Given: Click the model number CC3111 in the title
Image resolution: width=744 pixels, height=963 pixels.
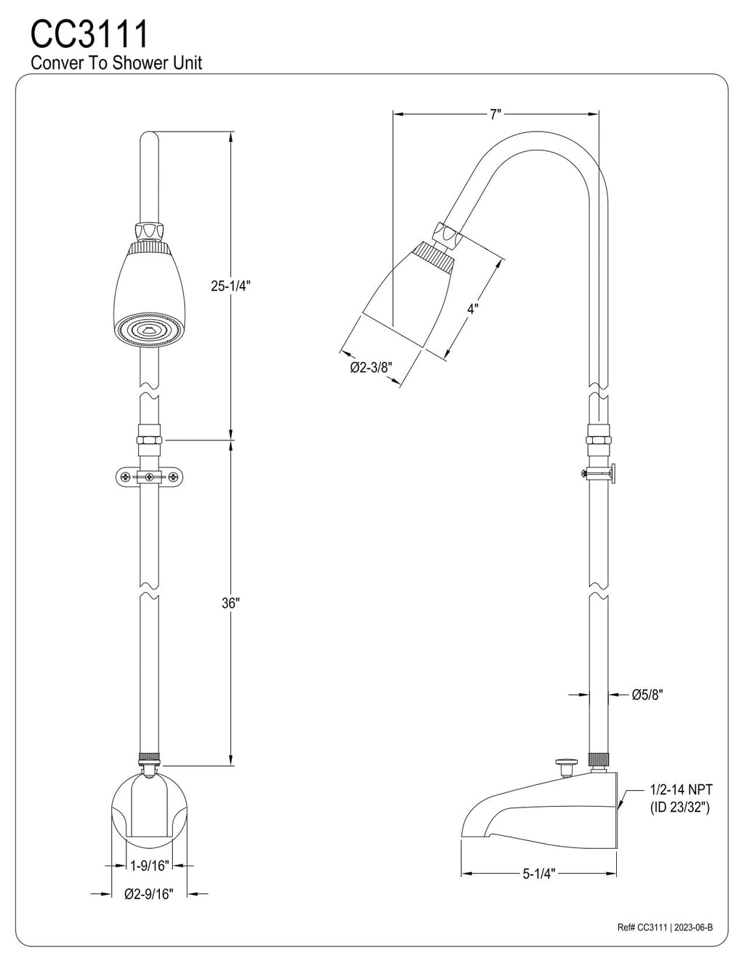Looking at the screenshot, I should pyautogui.click(x=89, y=34).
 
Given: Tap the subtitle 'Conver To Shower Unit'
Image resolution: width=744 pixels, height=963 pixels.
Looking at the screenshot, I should pyautogui.click(x=116, y=63).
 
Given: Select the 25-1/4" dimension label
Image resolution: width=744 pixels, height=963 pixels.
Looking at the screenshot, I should pyautogui.click(x=231, y=286).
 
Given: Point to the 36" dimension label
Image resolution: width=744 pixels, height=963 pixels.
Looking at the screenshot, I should pyautogui.click(x=230, y=603).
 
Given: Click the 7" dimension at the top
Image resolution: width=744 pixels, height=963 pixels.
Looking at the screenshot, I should pyautogui.click(x=496, y=114).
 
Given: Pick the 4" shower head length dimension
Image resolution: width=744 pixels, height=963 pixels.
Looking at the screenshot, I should pyautogui.click(x=472, y=308).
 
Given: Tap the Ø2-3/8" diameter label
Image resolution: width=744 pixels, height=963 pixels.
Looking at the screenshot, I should pyautogui.click(x=371, y=368).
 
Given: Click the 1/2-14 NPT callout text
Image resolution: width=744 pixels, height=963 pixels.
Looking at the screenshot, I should pyautogui.click(x=681, y=789).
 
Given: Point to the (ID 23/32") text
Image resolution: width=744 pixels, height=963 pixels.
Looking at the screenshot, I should pyautogui.click(x=680, y=807).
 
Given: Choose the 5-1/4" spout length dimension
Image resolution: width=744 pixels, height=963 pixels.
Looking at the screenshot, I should pyautogui.click(x=538, y=874).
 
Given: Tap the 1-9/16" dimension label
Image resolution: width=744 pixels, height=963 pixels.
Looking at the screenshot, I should pyautogui.click(x=149, y=865).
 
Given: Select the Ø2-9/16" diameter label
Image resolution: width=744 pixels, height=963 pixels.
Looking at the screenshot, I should pyautogui.click(x=148, y=893).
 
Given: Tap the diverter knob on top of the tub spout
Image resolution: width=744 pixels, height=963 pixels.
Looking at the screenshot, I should pyautogui.click(x=564, y=764).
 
